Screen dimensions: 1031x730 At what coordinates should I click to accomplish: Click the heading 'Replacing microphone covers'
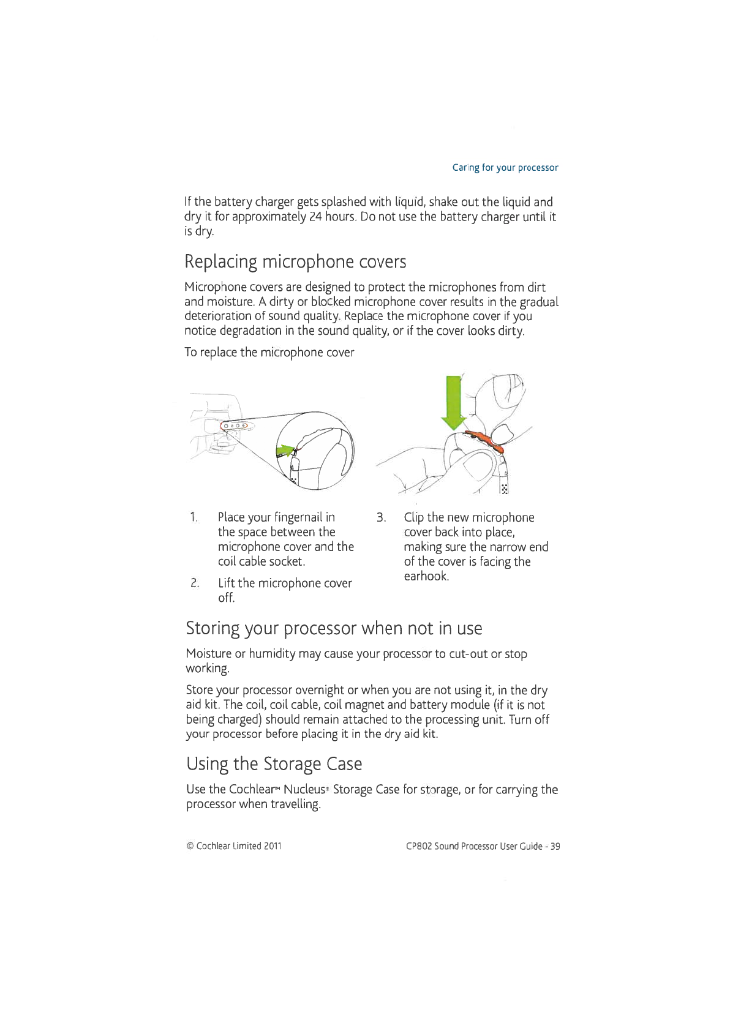click(295, 262)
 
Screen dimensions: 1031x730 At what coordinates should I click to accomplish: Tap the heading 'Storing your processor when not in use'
click(334, 628)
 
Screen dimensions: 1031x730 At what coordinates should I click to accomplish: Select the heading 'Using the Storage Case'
click(274, 764)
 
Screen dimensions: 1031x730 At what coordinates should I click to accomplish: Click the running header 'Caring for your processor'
click(505, 168)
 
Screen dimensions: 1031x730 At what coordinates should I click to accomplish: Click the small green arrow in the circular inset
click(285, 451)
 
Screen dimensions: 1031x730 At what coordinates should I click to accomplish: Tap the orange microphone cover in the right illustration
click(485, 440)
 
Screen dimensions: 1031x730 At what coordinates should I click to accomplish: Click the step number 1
click(194, 517)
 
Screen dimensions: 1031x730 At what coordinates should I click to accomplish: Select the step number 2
click(194, 583)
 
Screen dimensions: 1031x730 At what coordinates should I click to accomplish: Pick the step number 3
click(381, 518)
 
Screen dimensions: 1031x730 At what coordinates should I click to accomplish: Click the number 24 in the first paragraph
click(315, 217)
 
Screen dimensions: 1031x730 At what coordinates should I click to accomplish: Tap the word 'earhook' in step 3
click(426, 576)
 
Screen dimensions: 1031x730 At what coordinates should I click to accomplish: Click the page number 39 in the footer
click(555, 846)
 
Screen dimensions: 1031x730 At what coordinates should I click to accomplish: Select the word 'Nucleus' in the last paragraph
click(304, 790)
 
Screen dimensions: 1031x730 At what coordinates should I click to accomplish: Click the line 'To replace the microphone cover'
click(269, 353)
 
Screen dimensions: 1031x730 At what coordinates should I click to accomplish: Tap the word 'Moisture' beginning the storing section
click(209, 654)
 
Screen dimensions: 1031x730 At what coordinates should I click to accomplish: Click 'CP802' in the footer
click(419, 846)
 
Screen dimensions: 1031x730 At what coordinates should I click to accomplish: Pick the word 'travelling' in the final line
click(291, 804)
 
